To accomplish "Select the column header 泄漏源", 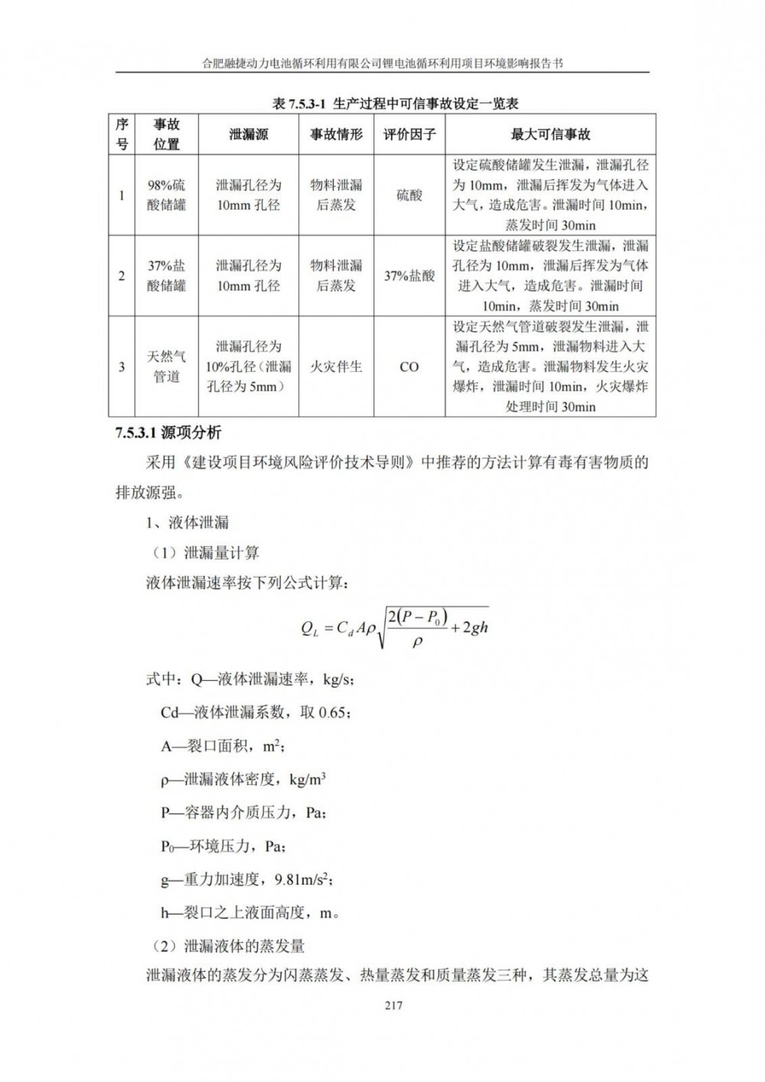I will click(249, 135).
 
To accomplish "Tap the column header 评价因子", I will click(409, 135).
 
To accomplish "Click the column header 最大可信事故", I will click(550, 135).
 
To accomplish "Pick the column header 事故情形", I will click(336, 135).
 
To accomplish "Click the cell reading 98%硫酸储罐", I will click(167, 195).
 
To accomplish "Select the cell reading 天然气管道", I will click(167, 367).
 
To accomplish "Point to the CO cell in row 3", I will click(409, 367).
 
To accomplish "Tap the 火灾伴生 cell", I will click(336, 367).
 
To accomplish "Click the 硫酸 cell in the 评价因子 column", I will click(409, 195).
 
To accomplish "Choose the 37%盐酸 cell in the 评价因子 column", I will click(409, 275).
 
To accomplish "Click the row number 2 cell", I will click(122, 275).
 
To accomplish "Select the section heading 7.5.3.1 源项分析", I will click(168, 433).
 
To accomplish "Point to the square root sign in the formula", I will click(380, 631).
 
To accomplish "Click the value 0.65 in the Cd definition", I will click(334, 712).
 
